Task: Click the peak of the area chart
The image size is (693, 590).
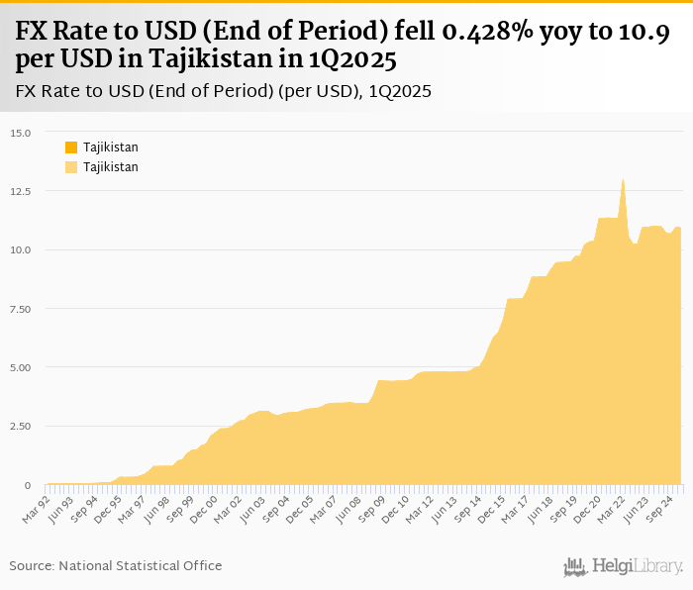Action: (623, 179)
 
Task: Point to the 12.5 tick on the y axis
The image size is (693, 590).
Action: (23, 191)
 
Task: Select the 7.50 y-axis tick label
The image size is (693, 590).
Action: (23, 309)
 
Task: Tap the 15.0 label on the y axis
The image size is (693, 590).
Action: (23, 133)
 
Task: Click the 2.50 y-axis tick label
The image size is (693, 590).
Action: (23, 427)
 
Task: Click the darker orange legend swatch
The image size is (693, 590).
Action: (71, 147)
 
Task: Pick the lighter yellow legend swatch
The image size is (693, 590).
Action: (71, 167)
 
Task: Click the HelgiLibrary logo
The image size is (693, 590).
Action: (624, 566)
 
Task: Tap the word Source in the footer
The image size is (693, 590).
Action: (31, 565)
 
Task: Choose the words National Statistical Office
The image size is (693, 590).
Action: (141, 565)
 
